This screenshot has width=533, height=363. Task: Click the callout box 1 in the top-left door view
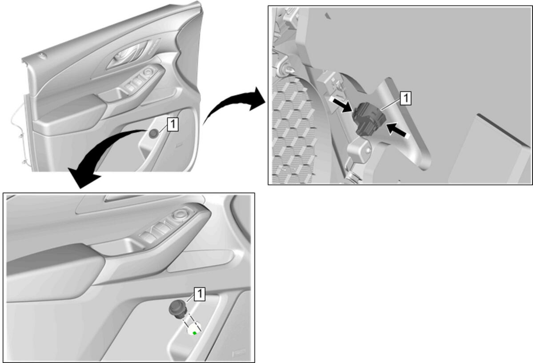pos(172,124)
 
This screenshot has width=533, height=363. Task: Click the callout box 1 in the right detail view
pos(405,98)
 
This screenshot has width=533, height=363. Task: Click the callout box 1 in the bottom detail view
pos(200,294)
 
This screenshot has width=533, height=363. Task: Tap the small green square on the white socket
pos(194,333)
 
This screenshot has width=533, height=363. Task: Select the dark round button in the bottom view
pos(177,309)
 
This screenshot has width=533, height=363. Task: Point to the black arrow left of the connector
pos(342,105)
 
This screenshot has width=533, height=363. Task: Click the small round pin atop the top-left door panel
pos(42,55)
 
